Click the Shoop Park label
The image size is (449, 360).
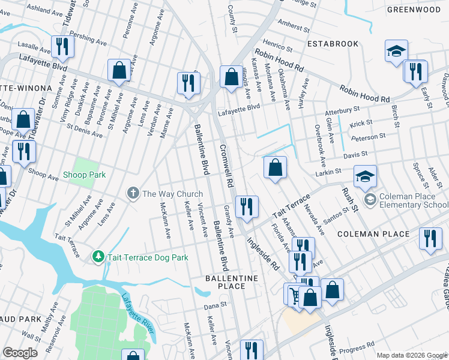pos(85,175)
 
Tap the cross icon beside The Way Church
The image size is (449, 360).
pos(133,193)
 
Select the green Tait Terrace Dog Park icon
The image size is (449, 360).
pos(98,257)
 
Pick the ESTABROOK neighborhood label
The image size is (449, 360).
pos(333,44)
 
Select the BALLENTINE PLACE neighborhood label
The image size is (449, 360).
pos(231,282)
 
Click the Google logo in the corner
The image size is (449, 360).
pos(20,353)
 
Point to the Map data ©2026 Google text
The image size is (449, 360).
pos(412,355)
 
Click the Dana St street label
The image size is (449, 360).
pos(215,305)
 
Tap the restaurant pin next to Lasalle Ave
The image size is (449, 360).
pos(62,46)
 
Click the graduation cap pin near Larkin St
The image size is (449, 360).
pos(365,176)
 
